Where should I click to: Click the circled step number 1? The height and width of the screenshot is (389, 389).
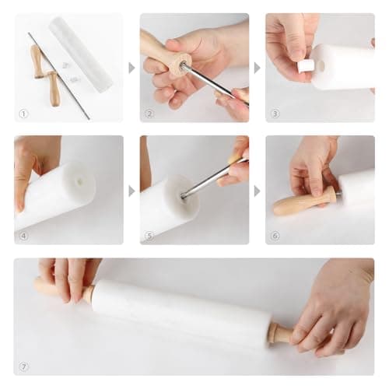pos(23,114)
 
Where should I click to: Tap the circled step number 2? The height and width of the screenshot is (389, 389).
pos(149,114)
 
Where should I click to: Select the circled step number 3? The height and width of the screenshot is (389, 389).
pos(275,114)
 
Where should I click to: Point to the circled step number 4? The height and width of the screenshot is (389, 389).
pos(23,236)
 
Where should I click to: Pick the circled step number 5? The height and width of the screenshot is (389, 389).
pos(149,236)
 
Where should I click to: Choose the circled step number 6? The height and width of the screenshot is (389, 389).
pos(275,236)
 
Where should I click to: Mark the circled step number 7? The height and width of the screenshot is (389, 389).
pos(23,366)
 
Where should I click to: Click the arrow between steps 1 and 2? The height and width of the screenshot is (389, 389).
pos(131,68)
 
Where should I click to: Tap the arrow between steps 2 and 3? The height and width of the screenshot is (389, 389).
pos(257,68)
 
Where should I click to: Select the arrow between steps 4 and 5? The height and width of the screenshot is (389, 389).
pos(131,191)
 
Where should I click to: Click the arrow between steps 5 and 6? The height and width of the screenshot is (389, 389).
pos(257,191)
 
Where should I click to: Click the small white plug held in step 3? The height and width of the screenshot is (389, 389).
pos(306,67)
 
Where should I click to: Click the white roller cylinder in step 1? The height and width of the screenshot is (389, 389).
pos(81,54)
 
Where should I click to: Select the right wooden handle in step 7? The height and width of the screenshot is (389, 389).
pos(282,333)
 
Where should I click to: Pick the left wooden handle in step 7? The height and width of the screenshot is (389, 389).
pos(64,290)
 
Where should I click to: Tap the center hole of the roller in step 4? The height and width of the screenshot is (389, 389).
pos(79,180)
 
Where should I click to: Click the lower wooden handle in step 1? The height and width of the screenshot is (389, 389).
pos(54,89)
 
